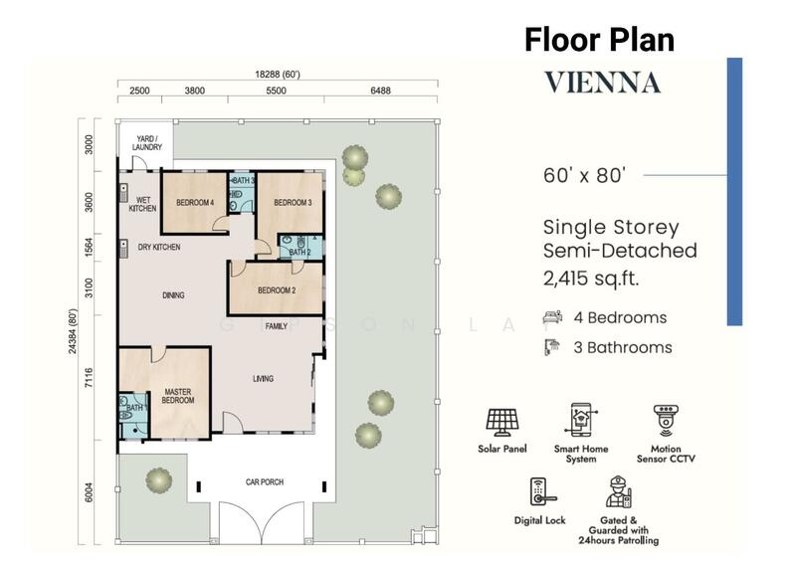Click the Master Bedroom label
coord(178,396)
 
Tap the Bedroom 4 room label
coord(195,203)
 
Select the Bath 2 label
coord(299,252)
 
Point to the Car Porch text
coord(265,481)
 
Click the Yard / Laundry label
coord(147,142)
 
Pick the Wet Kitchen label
coord(142,204)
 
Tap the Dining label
coord(173,294)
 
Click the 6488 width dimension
coord(380,91)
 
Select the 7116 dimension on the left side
coord(89,378)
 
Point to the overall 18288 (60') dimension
coord(278,75)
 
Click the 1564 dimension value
coord(89,248)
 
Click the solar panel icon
coord(502,423)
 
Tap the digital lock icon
coord(539,491)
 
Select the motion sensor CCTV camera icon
coord(666,421)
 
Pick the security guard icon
coord(618,491)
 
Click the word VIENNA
coord(603,83)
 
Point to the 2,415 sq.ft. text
coord(591,279)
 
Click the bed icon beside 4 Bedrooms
coord(552,317)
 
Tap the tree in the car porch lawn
coord(159,479)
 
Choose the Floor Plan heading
coord(600,40)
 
